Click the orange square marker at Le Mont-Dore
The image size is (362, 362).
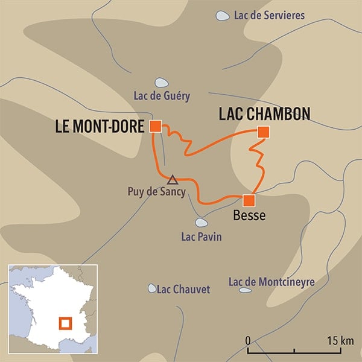pyautogui.click(x=155, y=126)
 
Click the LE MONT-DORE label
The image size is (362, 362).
pyautogui.click(x=100, y=127)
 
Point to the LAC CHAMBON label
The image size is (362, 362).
pyautogui.click(x=264, y=114)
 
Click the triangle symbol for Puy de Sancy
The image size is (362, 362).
pyautogui.click(x=172, y=179)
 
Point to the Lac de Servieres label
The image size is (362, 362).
pyautogui.click(x=269, y=16)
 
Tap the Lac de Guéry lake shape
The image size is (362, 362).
pyautogui.click(x=161, y=83)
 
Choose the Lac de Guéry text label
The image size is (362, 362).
pyautogui.click(x=162, y=96)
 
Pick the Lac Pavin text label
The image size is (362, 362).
pyautogui.click(x=201, y=237)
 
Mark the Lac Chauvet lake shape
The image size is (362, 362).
pyautogui.click(x=151, y=288)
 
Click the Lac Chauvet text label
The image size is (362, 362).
pyautogui.click(x=183, y=290)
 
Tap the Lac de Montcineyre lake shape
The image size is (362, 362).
pyautogui.click(x=245, y=290)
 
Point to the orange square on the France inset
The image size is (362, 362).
pyautogui.click(x=65, y=324)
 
